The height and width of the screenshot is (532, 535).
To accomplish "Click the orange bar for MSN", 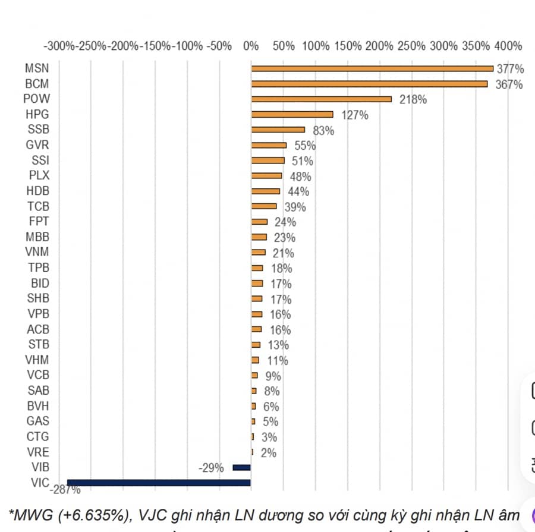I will pyautogui.click(x=372, y=68).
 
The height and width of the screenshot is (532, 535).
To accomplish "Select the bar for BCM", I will pyautogui.click(x=369, y=84).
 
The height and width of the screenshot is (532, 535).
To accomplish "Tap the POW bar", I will pyautogui.click(x=321, y=99).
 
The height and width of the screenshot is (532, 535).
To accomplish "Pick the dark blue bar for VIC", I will pyautogui.click(x=159, y=483).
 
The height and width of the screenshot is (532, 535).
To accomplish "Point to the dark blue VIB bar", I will pyautogui.click(x=241, y=468).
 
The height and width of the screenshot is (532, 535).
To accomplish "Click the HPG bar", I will pyautogui.click(x=292, y=115).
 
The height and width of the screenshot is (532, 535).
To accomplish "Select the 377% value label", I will pyautogui.click(x=509, y=69).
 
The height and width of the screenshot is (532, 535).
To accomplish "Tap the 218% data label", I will pyautogui.click(x=413, y=100).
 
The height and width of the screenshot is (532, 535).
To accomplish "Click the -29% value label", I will pyautogui.click(x=211, y=468).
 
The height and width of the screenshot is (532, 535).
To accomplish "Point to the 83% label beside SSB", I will pyautogui.click(x=323, y=131).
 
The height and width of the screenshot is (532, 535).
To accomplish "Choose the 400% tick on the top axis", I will pyautogui.click(x=509, y=46).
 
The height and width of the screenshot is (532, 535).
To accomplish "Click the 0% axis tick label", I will pyautogui.click(x=251, y=46).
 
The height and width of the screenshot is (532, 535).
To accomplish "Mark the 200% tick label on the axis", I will pyautogui.click(x=380, y=46).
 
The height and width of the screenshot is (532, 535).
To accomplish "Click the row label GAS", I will pyautogui.click(x=38, y=421).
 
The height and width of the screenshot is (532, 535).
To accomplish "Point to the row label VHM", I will pyautogui.click(x=37, y=360).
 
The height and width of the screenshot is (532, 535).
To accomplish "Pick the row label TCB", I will pyautogui.click(x=38, y=207).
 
